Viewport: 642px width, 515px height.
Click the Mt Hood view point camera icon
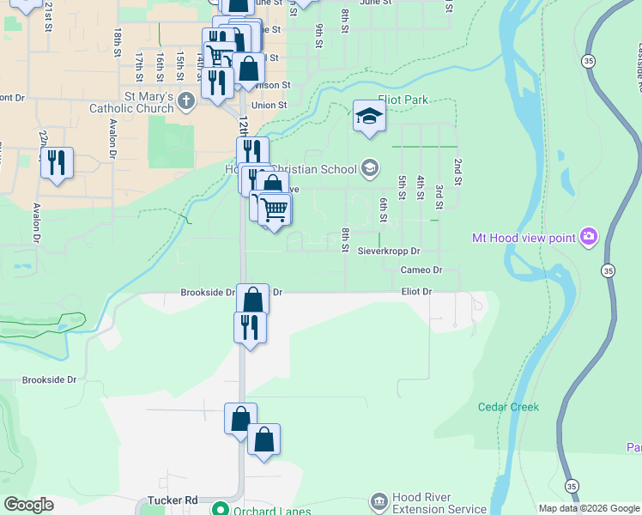(589, 236)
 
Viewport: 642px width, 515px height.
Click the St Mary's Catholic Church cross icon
(187, 102)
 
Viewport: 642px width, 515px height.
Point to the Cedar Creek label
(508, 407)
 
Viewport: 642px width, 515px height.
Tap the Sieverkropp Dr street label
(390, 251)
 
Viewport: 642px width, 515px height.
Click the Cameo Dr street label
(421, 270)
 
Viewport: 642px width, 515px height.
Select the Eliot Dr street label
(416, 292)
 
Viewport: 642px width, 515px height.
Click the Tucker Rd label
(173, 500)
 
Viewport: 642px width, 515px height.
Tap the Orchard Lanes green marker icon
(221, 508)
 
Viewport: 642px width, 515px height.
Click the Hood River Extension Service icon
(379, 501)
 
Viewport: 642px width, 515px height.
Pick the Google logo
(28, 505)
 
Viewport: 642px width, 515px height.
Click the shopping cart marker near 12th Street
(274, 209)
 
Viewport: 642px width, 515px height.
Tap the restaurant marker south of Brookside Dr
(250, 327)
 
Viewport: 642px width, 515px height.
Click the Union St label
(269, 106)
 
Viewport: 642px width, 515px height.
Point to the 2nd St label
(458, 172)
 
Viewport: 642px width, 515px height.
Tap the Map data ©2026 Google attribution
(589, 508)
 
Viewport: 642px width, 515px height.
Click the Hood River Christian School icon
(370, 167)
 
